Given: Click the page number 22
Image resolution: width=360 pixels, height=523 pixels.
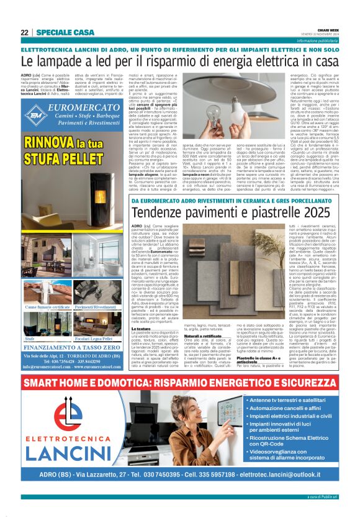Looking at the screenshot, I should click(x=24, y=32).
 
